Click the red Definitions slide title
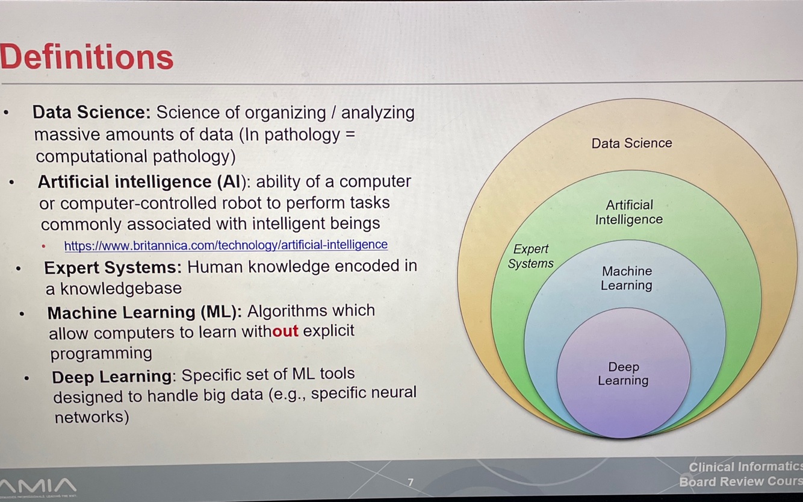[x=87, y=57]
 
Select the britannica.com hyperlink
[x=226, y=245]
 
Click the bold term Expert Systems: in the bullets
[x=113, y=267]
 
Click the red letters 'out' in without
[x=285, y=331]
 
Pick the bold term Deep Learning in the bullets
[x=112, y=377]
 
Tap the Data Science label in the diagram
[x=631, y=143]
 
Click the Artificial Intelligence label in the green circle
[x=629, y=212]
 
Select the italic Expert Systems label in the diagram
[x=530, y=256]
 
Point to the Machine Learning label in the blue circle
[x=627, y=278]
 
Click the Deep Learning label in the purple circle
[x=623, y=374]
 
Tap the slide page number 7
[x=411, y=482]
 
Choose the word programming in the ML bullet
[x=101, y=353]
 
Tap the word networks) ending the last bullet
[x=91, y=416]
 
